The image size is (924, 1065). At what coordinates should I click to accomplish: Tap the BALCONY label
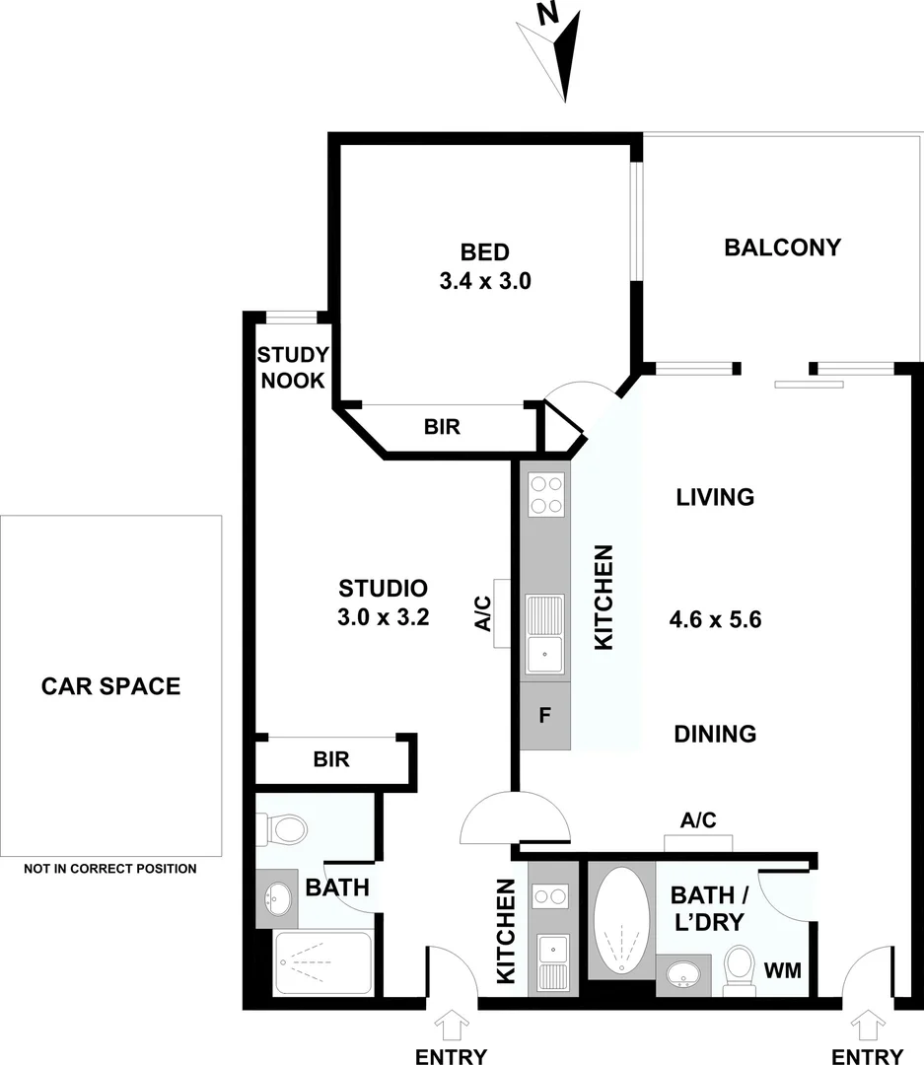[782, 247]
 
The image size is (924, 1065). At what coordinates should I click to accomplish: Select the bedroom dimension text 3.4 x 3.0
[485, 280]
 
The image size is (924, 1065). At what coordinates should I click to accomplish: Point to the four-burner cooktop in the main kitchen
[545, 495]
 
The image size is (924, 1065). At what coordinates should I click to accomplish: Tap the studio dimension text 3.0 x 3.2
[383, 620]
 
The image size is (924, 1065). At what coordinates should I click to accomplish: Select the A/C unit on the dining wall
[698, 841]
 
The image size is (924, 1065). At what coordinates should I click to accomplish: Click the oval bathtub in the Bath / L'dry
[621, 920]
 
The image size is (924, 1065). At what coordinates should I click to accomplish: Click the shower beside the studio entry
[321, 962]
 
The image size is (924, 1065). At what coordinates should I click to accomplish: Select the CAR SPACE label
[110, 685]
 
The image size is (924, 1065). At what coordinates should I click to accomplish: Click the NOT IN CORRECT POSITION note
[110, 869]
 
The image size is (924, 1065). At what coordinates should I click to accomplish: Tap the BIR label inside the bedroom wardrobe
[442, 427]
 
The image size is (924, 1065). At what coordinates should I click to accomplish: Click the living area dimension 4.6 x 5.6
[715, 620]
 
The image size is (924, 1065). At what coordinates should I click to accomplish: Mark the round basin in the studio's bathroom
[275, 898]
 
